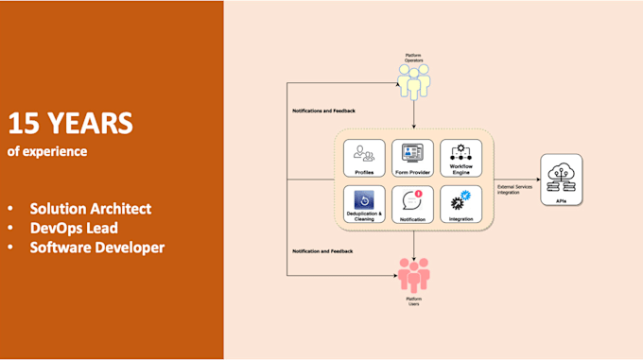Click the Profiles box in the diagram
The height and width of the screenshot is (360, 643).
pyautogui.click(x=364, y=157)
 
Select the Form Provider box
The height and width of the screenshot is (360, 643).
pyautogui.click(x=412, y=157)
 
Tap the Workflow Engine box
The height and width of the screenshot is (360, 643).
pyautogui.click(x=461, y=157)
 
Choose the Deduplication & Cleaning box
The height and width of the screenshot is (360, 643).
pyautogui.click(x=364, y=204)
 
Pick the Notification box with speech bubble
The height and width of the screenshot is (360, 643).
pyautogui.click(x=412, y=204)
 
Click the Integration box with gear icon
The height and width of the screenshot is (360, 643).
pyautogui.click(x=461, y=204)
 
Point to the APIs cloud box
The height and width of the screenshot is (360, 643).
pyautogui.click(x=562, y=180)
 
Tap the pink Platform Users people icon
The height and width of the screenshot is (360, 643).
pyautogui.click(x=413, y=273)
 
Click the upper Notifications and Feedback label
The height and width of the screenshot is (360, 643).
pyautogui.click(x=324, y=110)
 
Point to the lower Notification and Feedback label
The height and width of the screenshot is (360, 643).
pyautogui.click(x=323, y=250)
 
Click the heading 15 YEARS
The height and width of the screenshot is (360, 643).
pyautogui.click(x=70, y=123)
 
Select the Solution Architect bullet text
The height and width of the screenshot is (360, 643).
pyautogui.click(x=90, y=208)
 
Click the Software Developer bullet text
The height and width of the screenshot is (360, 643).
pyautogui.click(x=96, y=248)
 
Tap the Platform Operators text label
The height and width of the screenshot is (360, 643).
pyautogui.click(x=413, y=58)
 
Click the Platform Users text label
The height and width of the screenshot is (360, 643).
pyautogui.click(x=413, y=301)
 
